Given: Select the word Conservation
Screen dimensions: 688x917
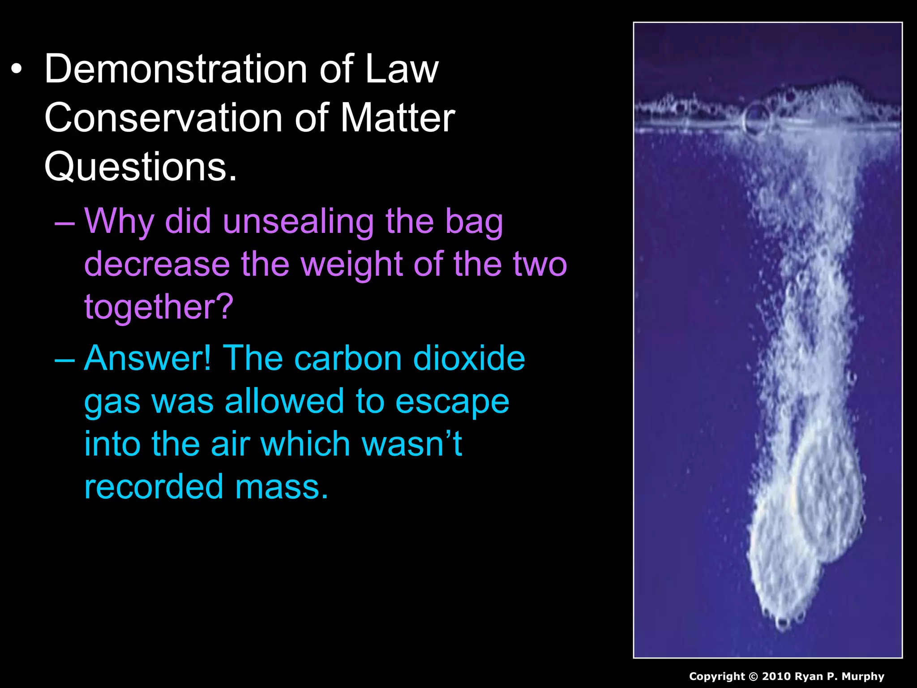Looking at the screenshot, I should [x=163, y=117].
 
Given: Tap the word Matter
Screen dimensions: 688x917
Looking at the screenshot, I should [x=398, y=117].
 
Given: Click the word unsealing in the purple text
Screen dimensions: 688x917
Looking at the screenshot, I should [x=298, y=221].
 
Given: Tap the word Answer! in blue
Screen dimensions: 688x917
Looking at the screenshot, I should [x=148, y=358].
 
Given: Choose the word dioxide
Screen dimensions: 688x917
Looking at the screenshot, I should [x=468, y=358].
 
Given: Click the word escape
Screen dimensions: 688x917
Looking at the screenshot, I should [x=452, y=401].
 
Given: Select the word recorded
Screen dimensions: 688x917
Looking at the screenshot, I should [x=154, y=486].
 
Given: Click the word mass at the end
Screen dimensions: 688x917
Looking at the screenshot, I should [x=281, y=486].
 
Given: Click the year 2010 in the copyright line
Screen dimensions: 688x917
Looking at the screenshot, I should [x=776, y=676].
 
